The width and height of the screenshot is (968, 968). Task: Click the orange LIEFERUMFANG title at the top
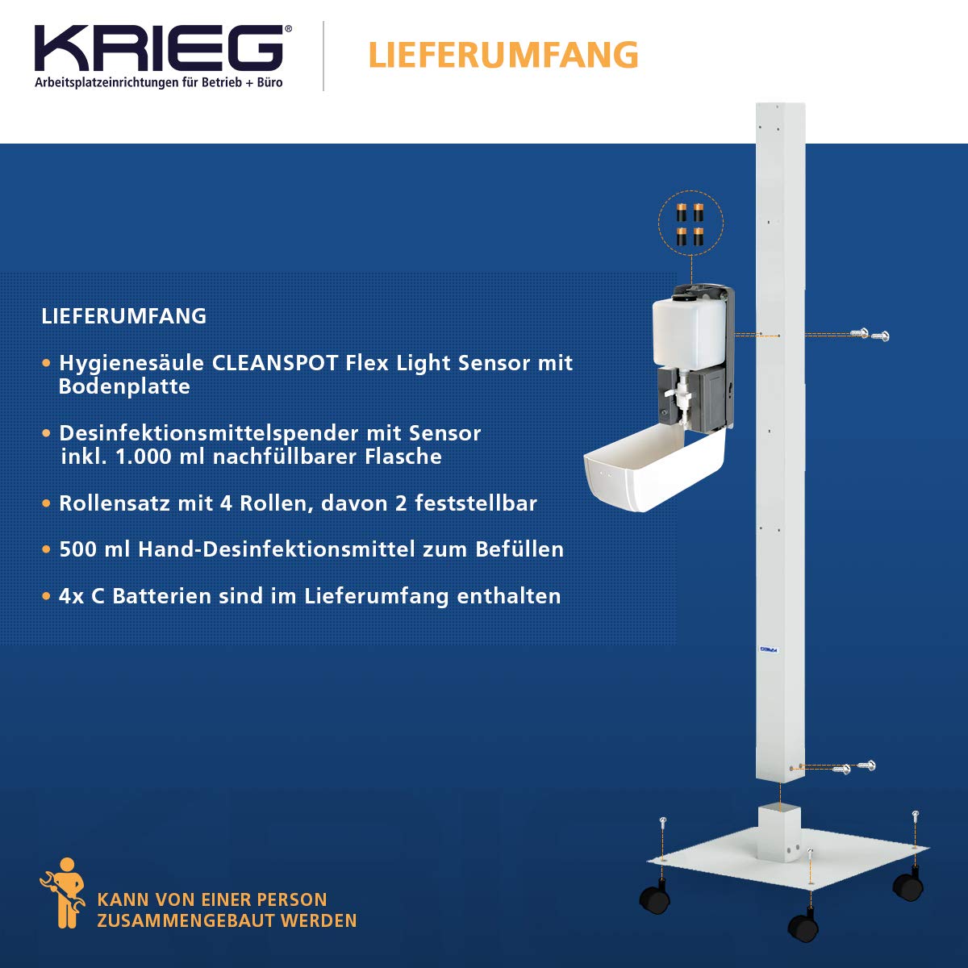503,55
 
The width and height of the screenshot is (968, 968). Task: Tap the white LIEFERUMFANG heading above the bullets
123,316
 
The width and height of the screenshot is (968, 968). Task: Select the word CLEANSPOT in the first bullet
275,363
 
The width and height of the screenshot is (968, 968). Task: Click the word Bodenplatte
124,386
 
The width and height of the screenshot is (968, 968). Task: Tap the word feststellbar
476,503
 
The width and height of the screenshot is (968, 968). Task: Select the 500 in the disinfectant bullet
78,549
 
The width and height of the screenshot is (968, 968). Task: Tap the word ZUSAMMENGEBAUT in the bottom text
185,920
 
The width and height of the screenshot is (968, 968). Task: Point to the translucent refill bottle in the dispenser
689,332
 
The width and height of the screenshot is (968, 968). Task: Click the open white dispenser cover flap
654,467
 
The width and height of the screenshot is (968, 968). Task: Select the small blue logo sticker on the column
769,649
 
